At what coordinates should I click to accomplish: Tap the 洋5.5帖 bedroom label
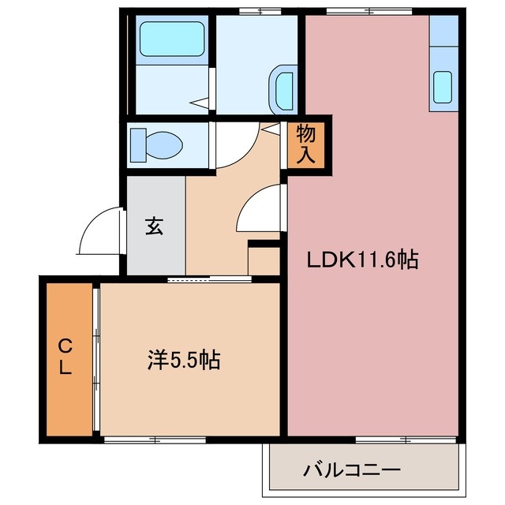(183, 361)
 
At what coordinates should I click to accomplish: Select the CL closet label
(66, 357)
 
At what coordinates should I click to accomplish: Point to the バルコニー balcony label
(353, 470)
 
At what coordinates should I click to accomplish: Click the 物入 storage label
(306, 144)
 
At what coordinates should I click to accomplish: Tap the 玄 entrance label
(154, 227)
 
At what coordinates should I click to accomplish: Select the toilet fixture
(158, 144)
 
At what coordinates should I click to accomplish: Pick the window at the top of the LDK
(362, 10)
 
